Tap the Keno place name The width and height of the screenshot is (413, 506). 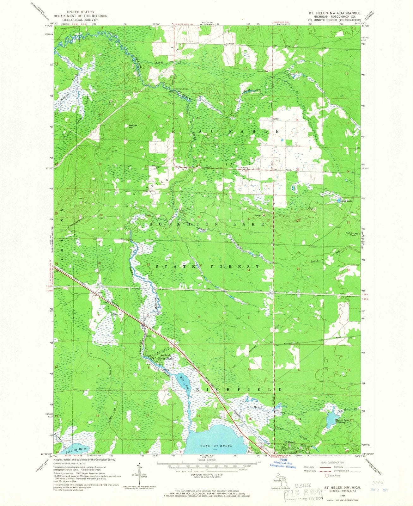click(x=276, y=119)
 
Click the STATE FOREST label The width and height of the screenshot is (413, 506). click(x=207, y=267)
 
